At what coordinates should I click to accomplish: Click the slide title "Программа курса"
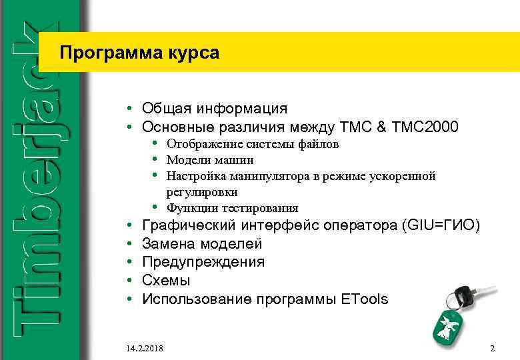pyautogui.click(x=138, y=53)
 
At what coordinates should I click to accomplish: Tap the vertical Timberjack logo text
pyautogui.click(x=37, y=180)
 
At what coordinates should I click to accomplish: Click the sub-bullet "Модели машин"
pyautogui.click(x=209, y=160)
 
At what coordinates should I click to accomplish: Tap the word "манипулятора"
pyautogui.click(x=263, y=176)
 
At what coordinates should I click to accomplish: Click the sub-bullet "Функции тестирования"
pyautogui.click(x=232, y=208)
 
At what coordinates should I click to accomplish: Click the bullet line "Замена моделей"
pyautogui.click(x=203, y=244)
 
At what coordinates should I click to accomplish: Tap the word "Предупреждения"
pyautogui.click(x=203, y=262)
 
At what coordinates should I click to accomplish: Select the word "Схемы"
pyautogui.click(x=166, y=281)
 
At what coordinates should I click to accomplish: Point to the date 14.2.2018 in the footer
pyautogui.click(x=145, y=349)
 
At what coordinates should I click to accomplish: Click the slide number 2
pyautogui.click(x=492, y=349)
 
